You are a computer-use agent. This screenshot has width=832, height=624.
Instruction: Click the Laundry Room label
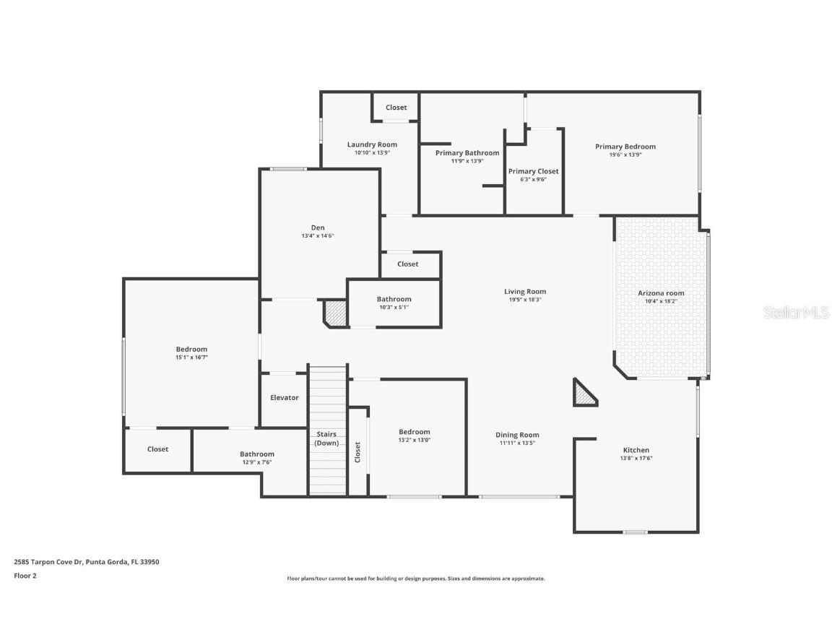tap(372, 144)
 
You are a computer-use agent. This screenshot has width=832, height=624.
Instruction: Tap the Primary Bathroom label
tap(467, 153)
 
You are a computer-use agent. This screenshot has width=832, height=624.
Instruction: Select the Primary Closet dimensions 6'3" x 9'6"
tap(533, 179)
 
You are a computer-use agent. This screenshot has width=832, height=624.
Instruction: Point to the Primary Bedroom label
tap(625, 147)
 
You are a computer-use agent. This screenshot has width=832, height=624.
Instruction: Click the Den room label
tap(318, 227)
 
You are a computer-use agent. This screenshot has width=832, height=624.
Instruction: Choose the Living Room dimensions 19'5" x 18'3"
tap(524, 300)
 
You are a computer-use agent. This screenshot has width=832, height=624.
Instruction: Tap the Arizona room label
tap(660, 293)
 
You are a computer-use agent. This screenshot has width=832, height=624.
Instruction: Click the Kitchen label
tap(636, 450)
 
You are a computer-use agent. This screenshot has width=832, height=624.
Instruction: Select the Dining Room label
tap(517, 435)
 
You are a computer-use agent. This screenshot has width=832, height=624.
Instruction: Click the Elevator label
tap(284, 398)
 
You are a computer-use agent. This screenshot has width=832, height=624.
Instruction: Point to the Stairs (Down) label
tap(326, 438)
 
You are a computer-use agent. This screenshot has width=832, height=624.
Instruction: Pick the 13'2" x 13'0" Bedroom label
tap(414, 432)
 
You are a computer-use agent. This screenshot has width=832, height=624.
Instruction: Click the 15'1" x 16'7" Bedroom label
tap(191, 350)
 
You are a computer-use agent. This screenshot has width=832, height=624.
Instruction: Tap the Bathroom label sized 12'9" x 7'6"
tap(257, 454)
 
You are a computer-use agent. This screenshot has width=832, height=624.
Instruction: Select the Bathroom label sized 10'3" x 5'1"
tap(394, 299)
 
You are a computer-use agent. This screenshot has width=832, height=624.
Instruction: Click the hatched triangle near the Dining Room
tap(583, 394)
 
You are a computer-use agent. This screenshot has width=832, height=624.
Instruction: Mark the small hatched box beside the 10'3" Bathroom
tap(335, 313)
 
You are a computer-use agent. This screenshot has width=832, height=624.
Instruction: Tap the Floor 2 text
tap(25, 576)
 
